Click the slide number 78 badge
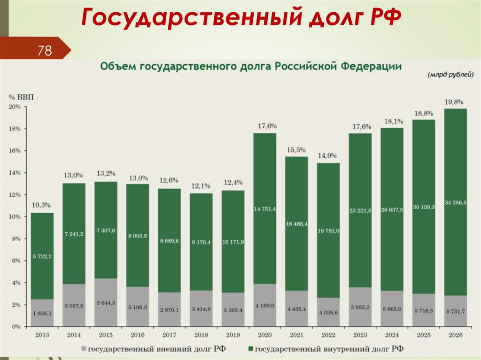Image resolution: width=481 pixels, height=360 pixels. click(45, 50)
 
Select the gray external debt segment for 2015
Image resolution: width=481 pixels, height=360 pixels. click(106, 303)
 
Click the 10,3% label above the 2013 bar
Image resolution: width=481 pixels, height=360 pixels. click(42, 206)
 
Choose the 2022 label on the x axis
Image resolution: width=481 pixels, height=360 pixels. click(328, 335)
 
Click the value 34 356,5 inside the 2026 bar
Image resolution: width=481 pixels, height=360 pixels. click(456, 202)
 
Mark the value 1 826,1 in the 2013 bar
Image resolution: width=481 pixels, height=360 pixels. click(42, 313)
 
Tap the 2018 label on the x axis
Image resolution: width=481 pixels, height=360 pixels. click(201, 335)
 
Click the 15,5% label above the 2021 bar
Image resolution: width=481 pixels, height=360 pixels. click(296, 150)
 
